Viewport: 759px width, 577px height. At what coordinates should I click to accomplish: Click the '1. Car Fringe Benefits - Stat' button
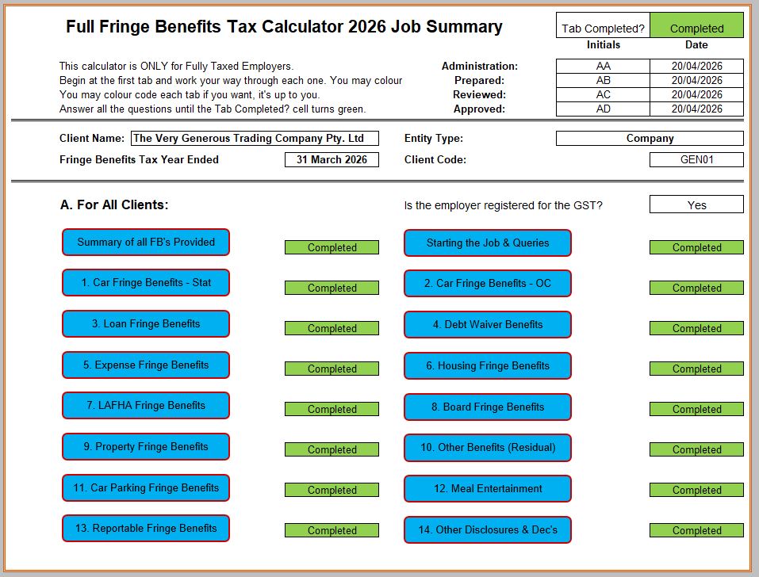point(146,282)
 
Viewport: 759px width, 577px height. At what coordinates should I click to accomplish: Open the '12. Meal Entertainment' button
point(488,488)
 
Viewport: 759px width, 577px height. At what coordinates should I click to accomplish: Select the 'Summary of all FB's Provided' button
point(146,242)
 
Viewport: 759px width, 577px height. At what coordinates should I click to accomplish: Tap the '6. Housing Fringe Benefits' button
point(488,365)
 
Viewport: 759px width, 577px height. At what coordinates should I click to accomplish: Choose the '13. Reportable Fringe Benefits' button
point(146,528)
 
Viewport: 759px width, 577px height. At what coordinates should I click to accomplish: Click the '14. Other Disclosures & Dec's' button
point(488,529)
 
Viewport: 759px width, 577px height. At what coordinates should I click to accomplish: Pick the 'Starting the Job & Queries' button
point(488,243)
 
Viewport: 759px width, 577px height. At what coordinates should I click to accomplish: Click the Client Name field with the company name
point(255,138)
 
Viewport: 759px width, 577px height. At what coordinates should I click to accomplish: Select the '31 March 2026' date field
point(332,159)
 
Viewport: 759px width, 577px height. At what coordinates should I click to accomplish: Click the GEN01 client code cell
point(696,159)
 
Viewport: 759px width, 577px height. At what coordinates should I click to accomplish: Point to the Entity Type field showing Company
point(650,138)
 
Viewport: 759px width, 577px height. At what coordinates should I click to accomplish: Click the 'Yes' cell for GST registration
point(696,204)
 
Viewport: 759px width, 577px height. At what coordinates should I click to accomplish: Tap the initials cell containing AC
point(603,94)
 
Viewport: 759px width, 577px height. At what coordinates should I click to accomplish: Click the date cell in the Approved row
point(696,109)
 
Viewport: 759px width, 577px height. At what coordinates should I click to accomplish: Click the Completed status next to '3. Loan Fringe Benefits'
point(332,328)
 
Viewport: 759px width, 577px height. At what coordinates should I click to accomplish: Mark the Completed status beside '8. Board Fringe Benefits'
point(696,409)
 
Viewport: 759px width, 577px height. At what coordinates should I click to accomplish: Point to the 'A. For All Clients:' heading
point(114,205)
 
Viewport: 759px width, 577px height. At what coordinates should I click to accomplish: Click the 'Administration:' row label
point(479,66)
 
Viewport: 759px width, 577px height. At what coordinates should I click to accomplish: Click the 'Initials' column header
point(603,44)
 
